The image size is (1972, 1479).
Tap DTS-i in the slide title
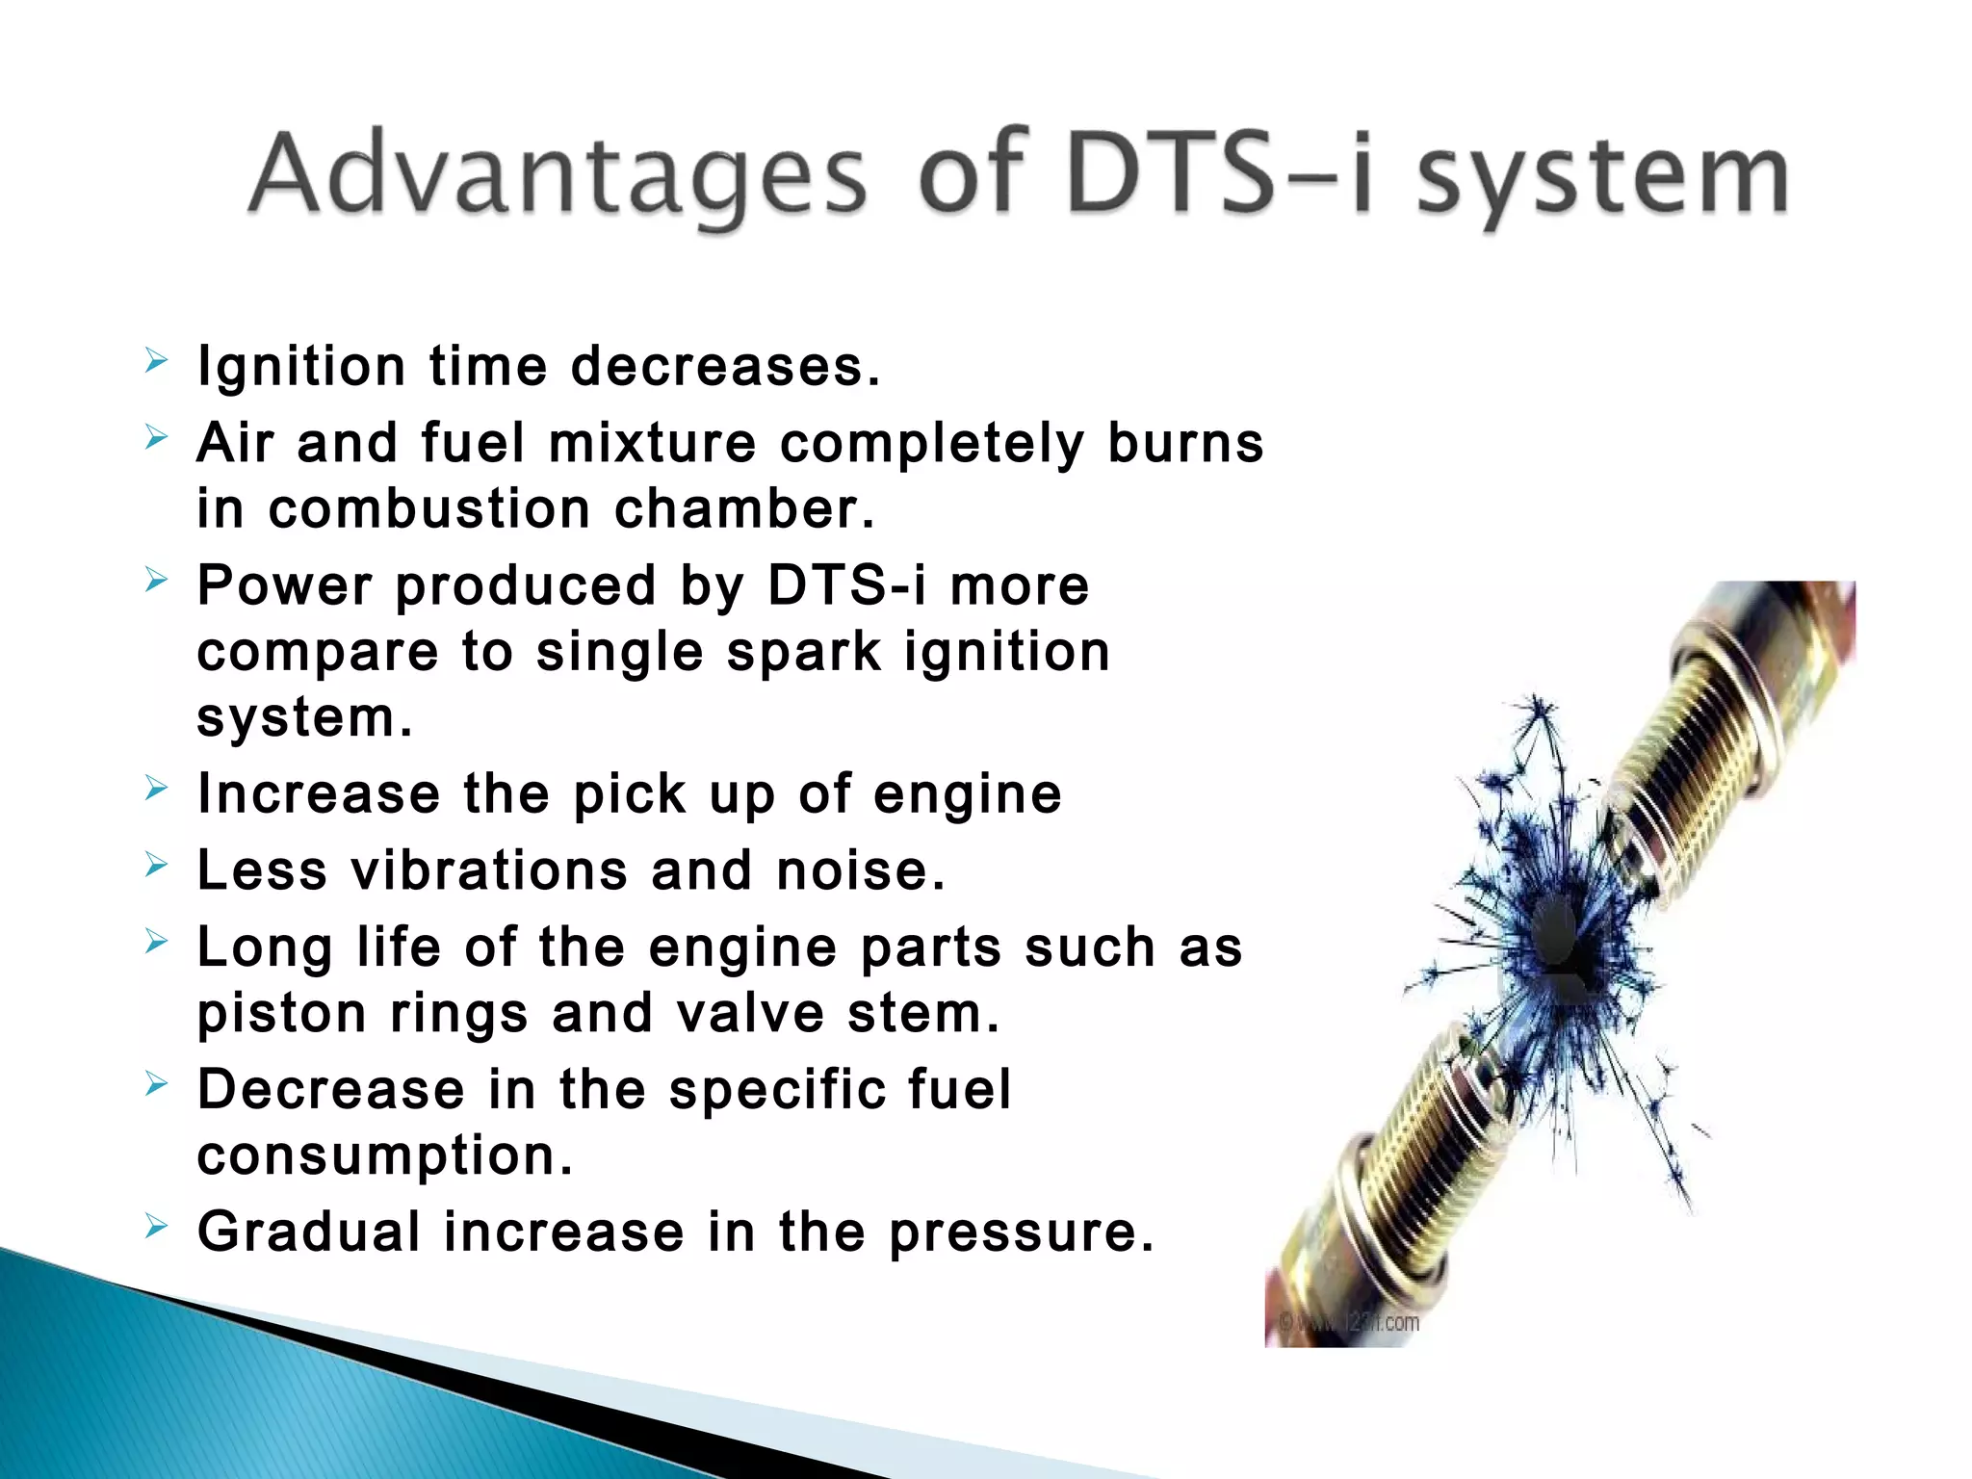(x=1219, y=175)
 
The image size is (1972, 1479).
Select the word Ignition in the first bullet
(x=301, y=367)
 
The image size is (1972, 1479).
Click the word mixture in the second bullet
(x=652, y=444)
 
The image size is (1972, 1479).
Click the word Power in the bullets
(x=284, y=585)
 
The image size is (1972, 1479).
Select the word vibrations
(x=489, y=870)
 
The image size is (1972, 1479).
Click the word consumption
(x=384, y=1155)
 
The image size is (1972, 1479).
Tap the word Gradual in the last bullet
(x=308, y=1232)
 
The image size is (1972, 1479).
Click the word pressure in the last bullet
(x=1020, y=1233)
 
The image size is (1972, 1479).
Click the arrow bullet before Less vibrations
(x=156, y=866)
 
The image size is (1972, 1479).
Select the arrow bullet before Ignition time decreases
(x=156, y=362)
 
